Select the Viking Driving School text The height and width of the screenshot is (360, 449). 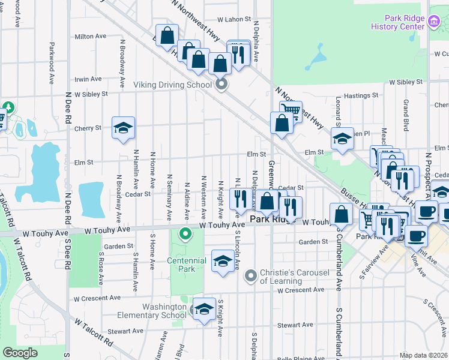click(173, 85)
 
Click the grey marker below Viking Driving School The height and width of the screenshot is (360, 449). click(221, 85)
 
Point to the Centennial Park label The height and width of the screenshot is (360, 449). click(187, 265)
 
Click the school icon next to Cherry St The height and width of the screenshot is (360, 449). click(124, 128)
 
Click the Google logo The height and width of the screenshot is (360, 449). click(20, 353)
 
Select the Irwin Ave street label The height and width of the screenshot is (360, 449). click(88, 79)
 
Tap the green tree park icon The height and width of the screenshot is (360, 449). click(8, 108)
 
